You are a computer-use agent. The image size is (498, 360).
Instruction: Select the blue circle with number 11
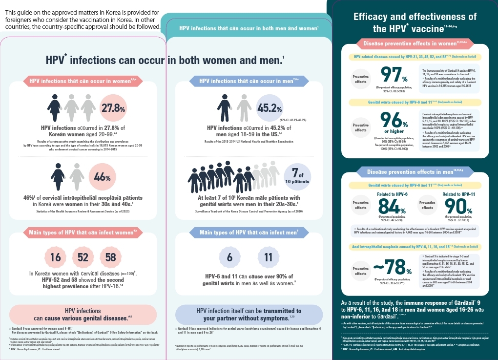(x=268, y=257)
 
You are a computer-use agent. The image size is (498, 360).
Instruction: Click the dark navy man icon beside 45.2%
(x=226, y=106)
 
